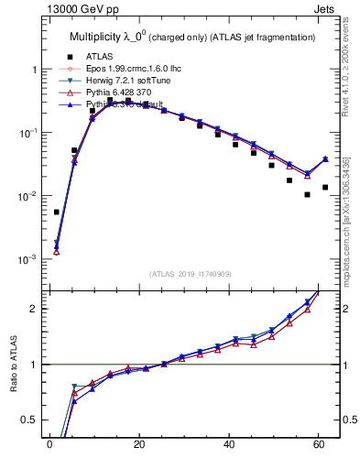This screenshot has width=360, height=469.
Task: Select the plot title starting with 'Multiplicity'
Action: pyautogui.click(x=192, y=37)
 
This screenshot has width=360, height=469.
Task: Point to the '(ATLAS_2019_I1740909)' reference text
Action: pyautogui.click(x=191, y=274)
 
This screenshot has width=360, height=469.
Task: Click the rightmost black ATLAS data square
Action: pyautogui.click(x=325, y=187)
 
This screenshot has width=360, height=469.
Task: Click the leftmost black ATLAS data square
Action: pyautogui.click(x=57, y=212)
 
